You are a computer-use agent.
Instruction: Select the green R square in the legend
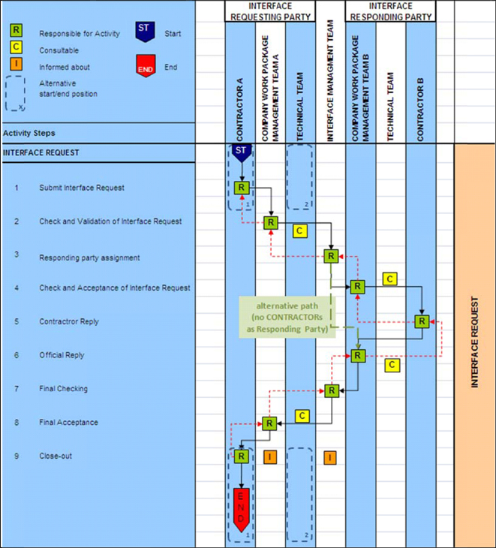[x=16, y=31]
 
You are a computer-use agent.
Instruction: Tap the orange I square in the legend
[x=16, y=65]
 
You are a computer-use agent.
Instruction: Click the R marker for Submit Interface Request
[x=242, y=187]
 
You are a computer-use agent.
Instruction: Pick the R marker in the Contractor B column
[x=422, y=321]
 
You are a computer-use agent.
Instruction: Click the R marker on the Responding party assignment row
[x=331, y=256]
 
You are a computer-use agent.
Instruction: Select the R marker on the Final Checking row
[x=331, y=390]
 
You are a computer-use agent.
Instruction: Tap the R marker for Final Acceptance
[x=268, y=423]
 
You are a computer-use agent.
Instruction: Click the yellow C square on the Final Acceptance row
[x=302, y=416]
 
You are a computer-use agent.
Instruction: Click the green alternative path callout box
[x=287, y=318]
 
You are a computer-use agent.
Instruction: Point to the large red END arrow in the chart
[x=242, y=507]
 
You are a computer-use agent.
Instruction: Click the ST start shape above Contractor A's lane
[x=242, y=152]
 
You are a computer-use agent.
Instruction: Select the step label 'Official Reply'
[x=62, y=355]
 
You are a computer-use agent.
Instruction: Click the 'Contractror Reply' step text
[x=68, y=321]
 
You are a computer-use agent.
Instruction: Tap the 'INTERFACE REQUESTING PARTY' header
[x=269, y=11]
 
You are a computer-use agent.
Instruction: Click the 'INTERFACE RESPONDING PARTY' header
[x=390, y=11]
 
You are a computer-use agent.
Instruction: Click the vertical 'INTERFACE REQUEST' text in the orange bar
[x=474, y=342]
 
